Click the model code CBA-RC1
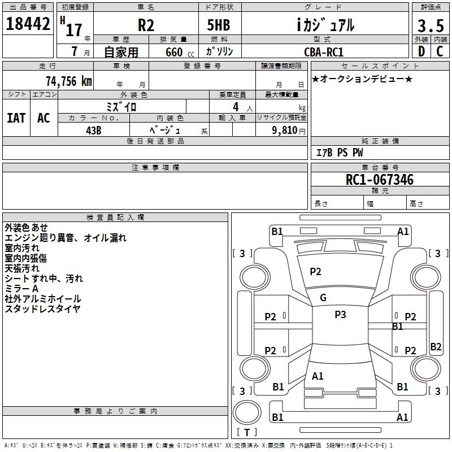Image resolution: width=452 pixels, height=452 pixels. click(x=323, y=51)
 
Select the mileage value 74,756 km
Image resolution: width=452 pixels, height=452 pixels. click(x=68, y=81)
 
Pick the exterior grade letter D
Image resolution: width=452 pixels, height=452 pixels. click(x=421, y=51)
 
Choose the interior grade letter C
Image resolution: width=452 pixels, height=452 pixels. click(x=440, y=51)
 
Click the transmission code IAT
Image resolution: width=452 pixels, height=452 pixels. click(x=16, y=118)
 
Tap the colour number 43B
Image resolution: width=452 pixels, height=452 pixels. click(x=94, y=130)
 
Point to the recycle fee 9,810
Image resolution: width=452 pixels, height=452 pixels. click(x=285, y=130)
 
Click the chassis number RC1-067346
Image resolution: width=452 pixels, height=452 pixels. click(x=380, y=180)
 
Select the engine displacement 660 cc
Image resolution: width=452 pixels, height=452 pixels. click(x=173, y=52)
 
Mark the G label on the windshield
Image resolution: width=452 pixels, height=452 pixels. click(x=323, y=298)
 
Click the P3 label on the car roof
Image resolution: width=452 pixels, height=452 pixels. click(x=340, y=315)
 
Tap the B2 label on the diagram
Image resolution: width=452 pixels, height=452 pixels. click(x=436, y=347)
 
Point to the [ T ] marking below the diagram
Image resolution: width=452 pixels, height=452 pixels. click(x=247, y=432)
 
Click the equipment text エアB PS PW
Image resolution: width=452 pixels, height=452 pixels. click(x=339, y=153)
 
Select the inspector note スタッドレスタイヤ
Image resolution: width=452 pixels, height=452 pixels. click(x=42, y=308)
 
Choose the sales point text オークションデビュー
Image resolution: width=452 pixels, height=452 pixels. click(x=362, y=79)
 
